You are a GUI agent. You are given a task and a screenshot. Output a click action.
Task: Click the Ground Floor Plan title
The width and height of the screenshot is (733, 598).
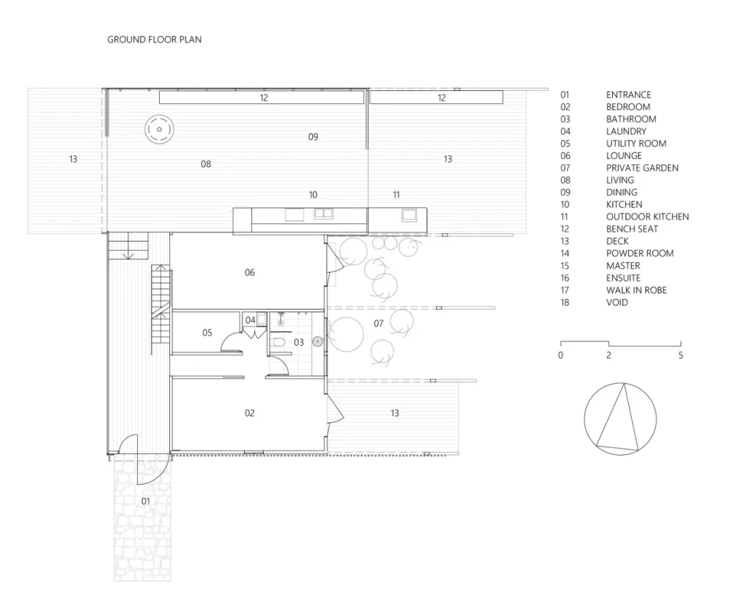pyautogui.click(x=154, y=40)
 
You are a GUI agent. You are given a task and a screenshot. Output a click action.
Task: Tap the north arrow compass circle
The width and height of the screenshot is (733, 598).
pyautogui.click(x=620, y=418)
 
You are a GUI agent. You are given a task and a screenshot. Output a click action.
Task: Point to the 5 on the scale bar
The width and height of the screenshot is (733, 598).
pyautogui.click(x=680, y=355)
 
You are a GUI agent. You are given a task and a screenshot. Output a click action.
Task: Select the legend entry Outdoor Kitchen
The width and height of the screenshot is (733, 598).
pyautogui.click(x=647, y=217)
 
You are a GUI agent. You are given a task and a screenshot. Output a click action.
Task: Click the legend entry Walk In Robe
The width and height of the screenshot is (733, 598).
pyautogui.click(x=636, y=290)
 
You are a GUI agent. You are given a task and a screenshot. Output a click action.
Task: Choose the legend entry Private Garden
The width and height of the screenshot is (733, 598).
pyautogui.click(x=642, y=168)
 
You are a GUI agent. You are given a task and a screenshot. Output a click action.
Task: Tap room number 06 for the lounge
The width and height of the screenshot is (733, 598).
pyautogui.click(x=249, y=273)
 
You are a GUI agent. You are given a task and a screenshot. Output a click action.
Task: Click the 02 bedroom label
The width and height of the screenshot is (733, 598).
pyautogui.click(x=249, y=413)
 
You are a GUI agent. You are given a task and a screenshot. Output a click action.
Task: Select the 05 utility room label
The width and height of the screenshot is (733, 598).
pyautogui.click(x=207, y=333)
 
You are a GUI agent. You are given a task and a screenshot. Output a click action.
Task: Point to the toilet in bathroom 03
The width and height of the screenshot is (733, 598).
pyautogui.click(x=279, y=343)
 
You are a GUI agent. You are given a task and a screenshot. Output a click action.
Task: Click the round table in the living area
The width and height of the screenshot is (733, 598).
pyautogui.click(x=158, y=130)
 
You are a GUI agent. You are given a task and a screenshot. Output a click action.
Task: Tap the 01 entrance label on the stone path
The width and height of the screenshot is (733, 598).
pyautogui.click(x=145, y=501)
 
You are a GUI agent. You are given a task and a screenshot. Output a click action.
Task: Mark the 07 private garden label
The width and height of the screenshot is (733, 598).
pyautogui.click(x=378, y=323)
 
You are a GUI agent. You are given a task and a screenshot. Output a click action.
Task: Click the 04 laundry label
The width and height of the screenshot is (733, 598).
pyautogui.click(x=251, y=320)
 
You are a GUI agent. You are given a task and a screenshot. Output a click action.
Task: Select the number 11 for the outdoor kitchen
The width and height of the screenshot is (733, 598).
pyautogui.click(x=397, y=195)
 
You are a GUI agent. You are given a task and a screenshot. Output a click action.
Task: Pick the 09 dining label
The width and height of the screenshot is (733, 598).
pyautogui.click(x=313, y=137)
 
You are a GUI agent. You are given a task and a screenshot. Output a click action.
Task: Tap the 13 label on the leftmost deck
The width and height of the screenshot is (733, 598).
pyautogui.click(x=73, y=159)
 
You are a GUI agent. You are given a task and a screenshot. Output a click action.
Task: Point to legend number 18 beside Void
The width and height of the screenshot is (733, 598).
pyautogui.click(x=565, y=303)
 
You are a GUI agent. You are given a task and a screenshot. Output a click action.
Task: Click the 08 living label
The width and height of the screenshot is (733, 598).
pyautogui.click(x=206, y=164)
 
